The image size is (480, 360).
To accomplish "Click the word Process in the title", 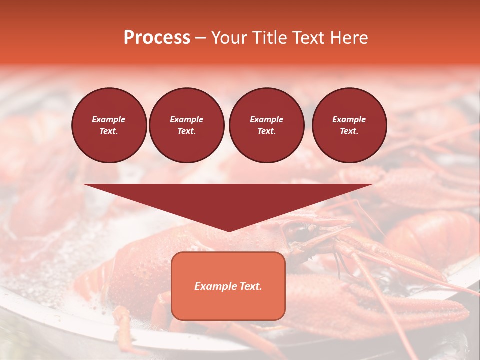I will click(157, 38).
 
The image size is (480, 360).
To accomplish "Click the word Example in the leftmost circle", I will click(109, 119).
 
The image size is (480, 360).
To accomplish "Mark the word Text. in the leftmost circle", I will click(109, 131).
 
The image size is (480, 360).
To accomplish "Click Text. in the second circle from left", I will click(186, 131).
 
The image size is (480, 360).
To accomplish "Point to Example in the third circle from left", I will click(266, 119).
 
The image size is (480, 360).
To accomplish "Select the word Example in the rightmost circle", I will click(349, 119).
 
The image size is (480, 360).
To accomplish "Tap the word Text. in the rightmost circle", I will click(349, 131).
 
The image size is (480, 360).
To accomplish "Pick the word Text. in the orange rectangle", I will click(250, 286).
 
